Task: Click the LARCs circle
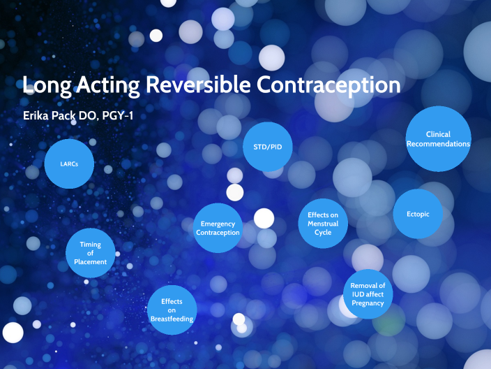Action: (68, 164)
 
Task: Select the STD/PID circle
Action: (268, 146)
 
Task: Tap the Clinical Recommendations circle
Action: (438, 139)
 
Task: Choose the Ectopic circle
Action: (418, 214)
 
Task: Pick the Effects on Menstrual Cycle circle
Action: (323, 224)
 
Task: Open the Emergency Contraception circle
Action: (218, 228)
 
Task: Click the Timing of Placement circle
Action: (91, 253)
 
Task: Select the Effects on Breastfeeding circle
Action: (172, 310)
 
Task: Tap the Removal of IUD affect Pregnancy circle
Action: (368, 294)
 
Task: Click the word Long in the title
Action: (45, 85)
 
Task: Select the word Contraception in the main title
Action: (328, 85)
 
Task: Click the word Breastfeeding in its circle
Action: (172, 319)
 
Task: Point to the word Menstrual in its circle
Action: (323, 224)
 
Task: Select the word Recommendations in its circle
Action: (438, 144)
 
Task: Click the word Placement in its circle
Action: (91, 262)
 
